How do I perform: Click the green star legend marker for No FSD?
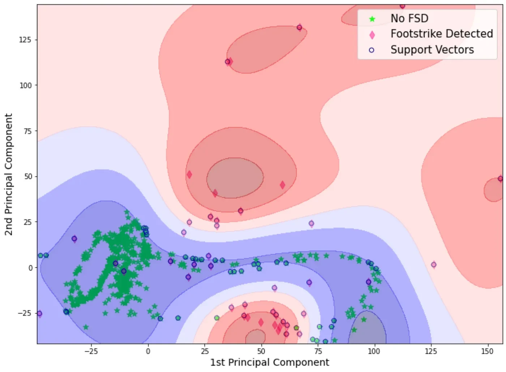372,19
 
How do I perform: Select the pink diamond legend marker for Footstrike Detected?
372,35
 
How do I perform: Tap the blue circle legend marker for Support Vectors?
372,50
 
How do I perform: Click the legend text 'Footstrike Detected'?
442,34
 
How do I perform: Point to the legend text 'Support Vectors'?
432,50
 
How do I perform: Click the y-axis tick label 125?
25,40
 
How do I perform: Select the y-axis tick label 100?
25,86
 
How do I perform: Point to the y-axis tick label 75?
27,131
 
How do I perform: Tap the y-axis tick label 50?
27,176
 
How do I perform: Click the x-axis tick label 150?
487,351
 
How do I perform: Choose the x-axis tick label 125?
430,351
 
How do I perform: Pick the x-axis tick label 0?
148,351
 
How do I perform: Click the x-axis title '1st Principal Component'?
270,362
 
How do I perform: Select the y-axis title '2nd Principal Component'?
9,174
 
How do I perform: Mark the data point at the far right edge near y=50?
500,179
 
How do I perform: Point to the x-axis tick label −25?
91,351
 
